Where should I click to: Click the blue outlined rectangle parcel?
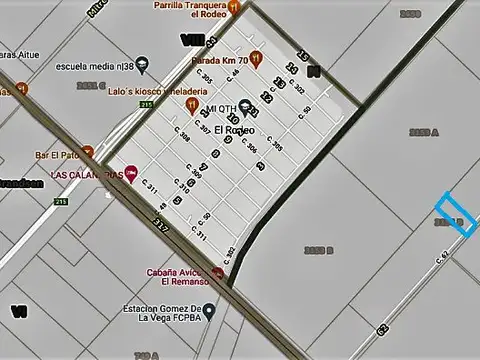point(455,214)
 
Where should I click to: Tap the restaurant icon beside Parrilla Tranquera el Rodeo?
point(233,6)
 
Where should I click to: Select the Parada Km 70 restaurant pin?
point(256,59)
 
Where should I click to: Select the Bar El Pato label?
point(56,155)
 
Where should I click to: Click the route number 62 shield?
point(383,327)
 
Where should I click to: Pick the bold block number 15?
point(303,57)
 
